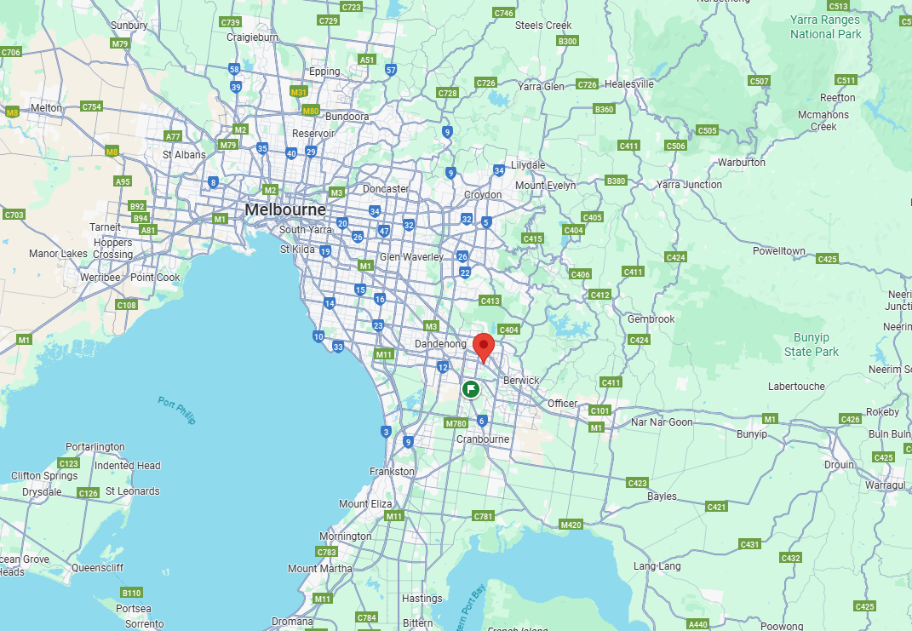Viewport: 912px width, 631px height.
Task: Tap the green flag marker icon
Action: point(471,389)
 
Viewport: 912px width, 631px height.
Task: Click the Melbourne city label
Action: point(284,209)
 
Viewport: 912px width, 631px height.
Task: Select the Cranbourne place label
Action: point(483,439)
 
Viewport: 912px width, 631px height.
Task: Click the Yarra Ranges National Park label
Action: point(825,26)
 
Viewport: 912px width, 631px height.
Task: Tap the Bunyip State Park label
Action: point(812,345)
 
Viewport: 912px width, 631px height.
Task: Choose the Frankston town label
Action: point(392,471)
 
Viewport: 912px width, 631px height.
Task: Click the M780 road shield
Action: point(456,423)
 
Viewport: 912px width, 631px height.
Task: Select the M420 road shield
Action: point(571,525)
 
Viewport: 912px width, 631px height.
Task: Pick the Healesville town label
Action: point(629,84)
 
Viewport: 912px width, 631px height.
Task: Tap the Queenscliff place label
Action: point(98,567)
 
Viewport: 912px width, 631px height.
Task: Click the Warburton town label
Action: point(741,162)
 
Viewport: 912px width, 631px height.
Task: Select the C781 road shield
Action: point(483,516)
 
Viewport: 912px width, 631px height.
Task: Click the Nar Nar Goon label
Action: point(662,422)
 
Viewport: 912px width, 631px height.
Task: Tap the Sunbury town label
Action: point(129,26)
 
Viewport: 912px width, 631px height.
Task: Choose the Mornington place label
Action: point(345,536)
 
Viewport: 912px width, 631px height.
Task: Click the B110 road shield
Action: point(131,593)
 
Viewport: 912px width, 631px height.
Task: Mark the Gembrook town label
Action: point(651,319)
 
